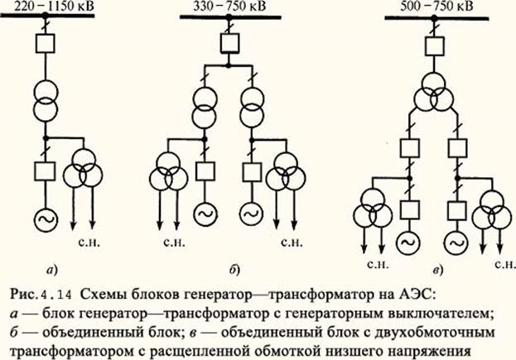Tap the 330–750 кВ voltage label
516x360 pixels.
(x=229, y=7)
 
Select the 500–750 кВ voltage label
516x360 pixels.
(x=436, y=7)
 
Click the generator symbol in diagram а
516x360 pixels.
(x=46, y=220)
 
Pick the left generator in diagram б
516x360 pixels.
(x=205, y=214)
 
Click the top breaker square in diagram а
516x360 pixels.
(x=46, y=43)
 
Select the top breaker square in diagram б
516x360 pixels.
(x=229, y=43)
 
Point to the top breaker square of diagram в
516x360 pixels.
(x=434, y=46)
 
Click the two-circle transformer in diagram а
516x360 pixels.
(x=46, y=100)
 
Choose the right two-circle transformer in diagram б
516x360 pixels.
(x=252, y=107)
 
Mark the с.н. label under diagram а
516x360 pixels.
(x=89, y=242)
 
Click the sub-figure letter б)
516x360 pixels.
(x=234, y=271)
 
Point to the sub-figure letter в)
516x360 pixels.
(x=437, y=271)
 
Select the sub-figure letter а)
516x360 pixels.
(x=52, y=271)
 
